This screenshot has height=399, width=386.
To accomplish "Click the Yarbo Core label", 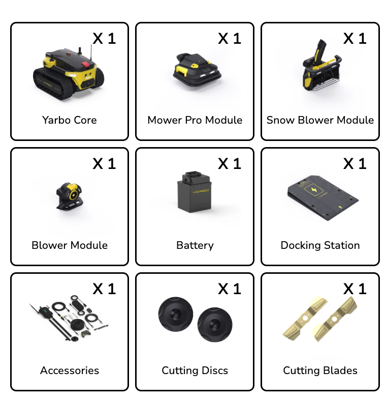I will coord(69,120).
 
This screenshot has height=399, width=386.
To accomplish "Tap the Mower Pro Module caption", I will coord(195,120).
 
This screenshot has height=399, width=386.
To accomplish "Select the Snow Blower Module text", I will coord(320,120).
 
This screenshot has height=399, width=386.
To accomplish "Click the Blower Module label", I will coord(69,245).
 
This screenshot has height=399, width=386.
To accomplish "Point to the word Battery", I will coord(195,245).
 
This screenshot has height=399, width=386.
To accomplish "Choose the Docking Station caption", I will coord(320,245).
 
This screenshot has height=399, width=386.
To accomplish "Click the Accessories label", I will coord(69,370).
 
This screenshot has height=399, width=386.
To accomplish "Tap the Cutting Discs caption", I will coord(195,370).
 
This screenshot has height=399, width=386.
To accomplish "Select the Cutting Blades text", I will coord(320,370).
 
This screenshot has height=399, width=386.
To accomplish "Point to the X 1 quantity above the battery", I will coord(230,164).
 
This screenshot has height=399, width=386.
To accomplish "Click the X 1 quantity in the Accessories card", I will coord(104,289).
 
